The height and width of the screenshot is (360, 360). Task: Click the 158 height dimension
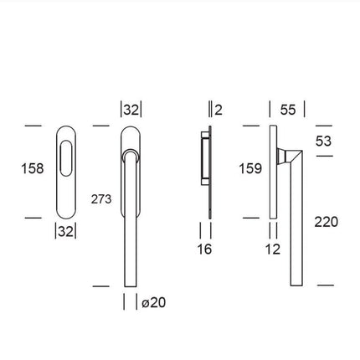tap(32, 169)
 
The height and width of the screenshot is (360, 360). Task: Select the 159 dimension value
tap(250, 168)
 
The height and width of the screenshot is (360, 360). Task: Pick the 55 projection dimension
tap(287, 109)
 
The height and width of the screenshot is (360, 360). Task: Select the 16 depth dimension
tap(205, 249)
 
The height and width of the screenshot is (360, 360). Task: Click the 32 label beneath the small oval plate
tap(65, 232)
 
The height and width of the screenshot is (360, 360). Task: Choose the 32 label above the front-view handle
tap(131, 109)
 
